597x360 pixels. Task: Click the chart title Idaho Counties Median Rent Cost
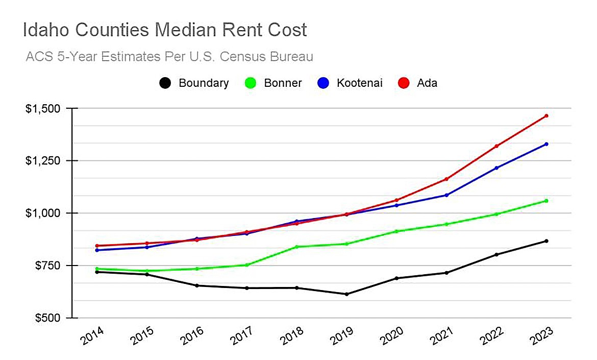coord(165,30)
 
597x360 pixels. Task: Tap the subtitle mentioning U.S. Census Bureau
coord(169,56)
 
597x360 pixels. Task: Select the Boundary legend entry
coord(194,83)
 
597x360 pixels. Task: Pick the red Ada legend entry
coord(418,83)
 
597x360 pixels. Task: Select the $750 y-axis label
coord(47,266)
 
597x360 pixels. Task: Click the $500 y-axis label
coord(47,318)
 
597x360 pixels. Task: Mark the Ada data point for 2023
coord(546,116)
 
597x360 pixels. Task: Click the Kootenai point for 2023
coord(546,144)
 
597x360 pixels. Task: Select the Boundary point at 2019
coord(346,294)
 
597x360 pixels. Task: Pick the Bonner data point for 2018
coord(296,247)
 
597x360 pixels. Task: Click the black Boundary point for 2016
coord(197,285)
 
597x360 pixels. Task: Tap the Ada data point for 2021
coord(446,179)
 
